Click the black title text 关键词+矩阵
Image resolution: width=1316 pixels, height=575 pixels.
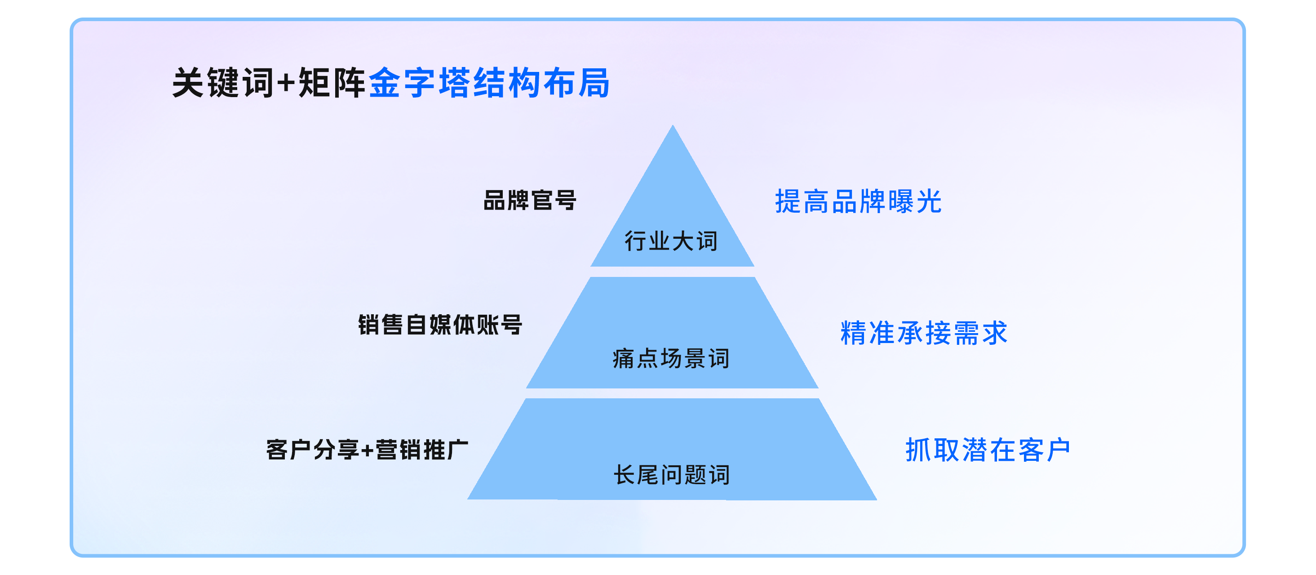pyautogui.click(x=269, y=83)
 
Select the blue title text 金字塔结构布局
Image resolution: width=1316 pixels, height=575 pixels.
pyautogui.click(x=489, y=83)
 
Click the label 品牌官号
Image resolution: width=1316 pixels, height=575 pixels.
pyautogui.click(x=530, y=200)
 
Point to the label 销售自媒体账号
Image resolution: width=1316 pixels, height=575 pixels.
pyautogui.click(x=440, y=325)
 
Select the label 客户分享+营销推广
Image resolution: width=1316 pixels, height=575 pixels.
pyautogui.click(x=368, y=449)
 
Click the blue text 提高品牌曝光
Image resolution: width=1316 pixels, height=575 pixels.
pyautogui.click(x=858, y=201)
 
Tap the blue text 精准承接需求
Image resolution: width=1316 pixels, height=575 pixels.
pyautogui.click(x=924, y=333)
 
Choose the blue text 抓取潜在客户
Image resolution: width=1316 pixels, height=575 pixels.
pyautogui.click(x=988, y=450)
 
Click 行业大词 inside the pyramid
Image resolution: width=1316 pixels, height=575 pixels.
pyautogui.click(x=671, y=241)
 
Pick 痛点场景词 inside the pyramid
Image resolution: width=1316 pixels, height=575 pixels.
pyautogui.click(x=671, y=358)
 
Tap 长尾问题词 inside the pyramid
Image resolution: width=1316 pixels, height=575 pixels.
pyautogui.click(x=672, y=475)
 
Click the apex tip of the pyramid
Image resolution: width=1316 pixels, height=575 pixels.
pyautogui.click(x=673, y=125)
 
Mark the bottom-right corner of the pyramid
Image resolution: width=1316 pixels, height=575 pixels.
pyautogui.click(x=877, y=499)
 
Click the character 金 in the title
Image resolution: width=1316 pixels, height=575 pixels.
pyautogui.click(x=385, y=83)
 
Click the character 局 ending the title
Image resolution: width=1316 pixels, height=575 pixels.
pyautogui.click(x=594, y=83)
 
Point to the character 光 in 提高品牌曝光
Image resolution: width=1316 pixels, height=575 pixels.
pyautogui.click(x=929, y=201)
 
